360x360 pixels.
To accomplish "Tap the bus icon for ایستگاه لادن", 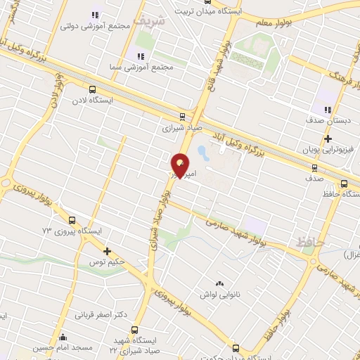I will pos(92,89).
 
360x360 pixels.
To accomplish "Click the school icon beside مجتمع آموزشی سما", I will pos(140,56).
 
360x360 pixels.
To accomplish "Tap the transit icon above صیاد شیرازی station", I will pos(182,117).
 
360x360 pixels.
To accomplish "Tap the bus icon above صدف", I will pos(314,167).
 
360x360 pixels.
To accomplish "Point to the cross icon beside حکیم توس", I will pos(107,251).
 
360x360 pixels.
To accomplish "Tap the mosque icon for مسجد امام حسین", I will pos(63,337).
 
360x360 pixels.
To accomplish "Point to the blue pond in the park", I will pos(203,151).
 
